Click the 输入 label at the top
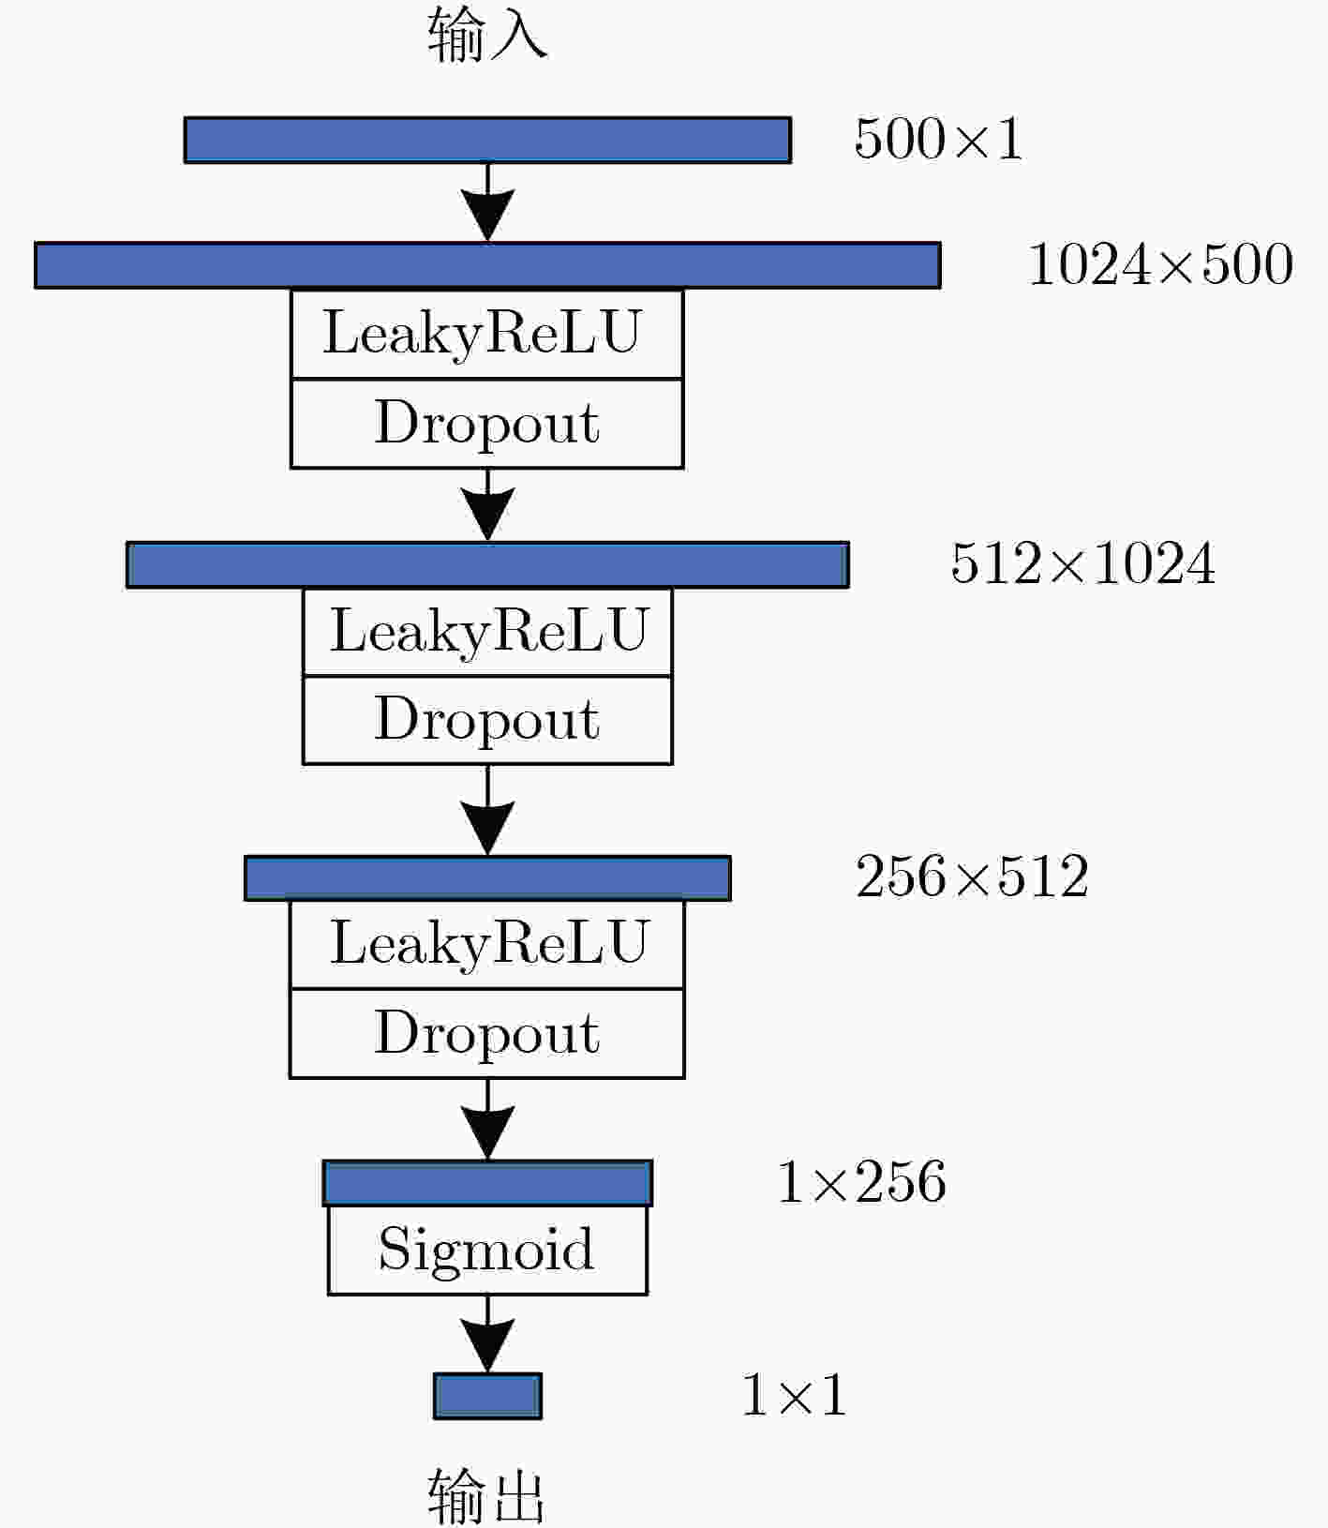pos(487,35)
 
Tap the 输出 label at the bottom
pos(486,1496)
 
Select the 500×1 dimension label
pos(938,139)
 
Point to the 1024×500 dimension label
pos(1161,264)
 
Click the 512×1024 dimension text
pos(1083,563)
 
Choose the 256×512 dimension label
pos(972,876)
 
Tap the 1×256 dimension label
pos(861,1181)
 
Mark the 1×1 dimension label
pos(795,1395)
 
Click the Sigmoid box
pos(487,1250)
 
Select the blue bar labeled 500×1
pos(487,140)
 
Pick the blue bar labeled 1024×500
pos(487,265)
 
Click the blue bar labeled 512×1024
pos(487,564)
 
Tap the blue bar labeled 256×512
pos(487,878)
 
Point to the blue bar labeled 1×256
pos(487,1183)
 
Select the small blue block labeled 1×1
pos(487,1396)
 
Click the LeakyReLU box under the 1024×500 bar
pos(487,334)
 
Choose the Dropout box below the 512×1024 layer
pos(487,720)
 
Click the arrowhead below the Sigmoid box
pos(487,1345)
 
